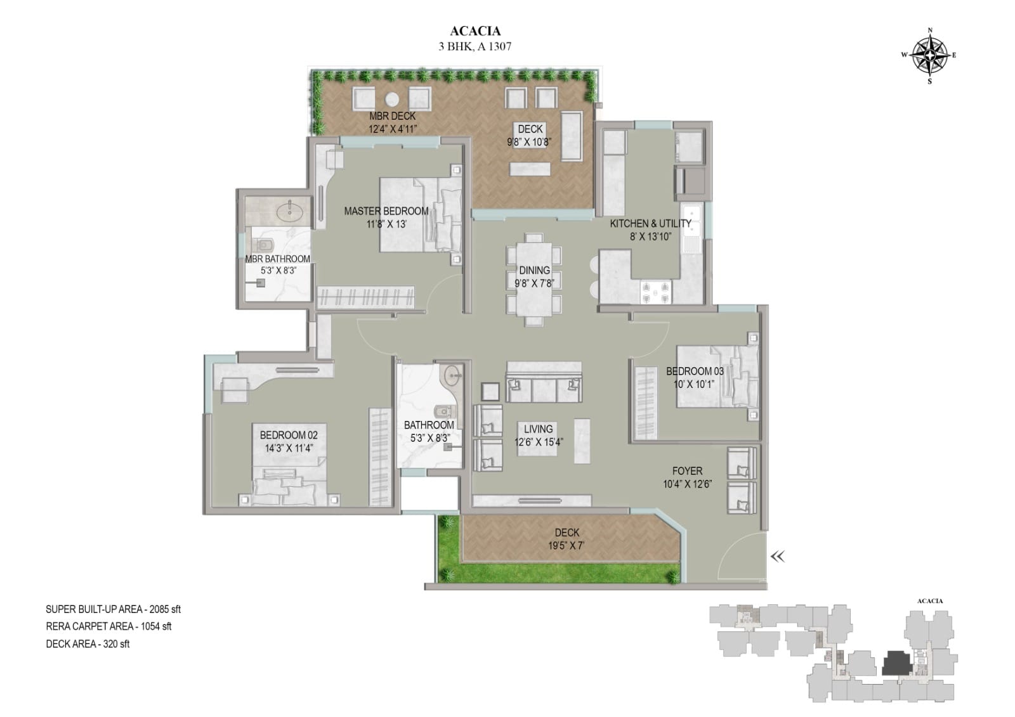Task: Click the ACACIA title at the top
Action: coord(475,31)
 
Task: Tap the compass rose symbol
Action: coord(930,56)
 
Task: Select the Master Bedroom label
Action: coord(386,211)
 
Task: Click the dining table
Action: coord(534,280)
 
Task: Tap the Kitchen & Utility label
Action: coord(650,223)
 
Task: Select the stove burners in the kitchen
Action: coord(655,292)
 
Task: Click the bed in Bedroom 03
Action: coord(717,377)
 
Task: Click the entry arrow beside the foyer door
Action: coord(778,556)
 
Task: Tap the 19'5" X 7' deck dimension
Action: coord(566,546)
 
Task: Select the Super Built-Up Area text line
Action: coord(114,609)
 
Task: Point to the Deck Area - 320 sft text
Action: coord(88,643)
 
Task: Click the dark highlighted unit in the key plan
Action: coord(896,664)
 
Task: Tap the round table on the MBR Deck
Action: coord(392,99)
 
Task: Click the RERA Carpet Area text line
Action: coord(108,626)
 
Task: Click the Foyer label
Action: coord(688,471)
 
